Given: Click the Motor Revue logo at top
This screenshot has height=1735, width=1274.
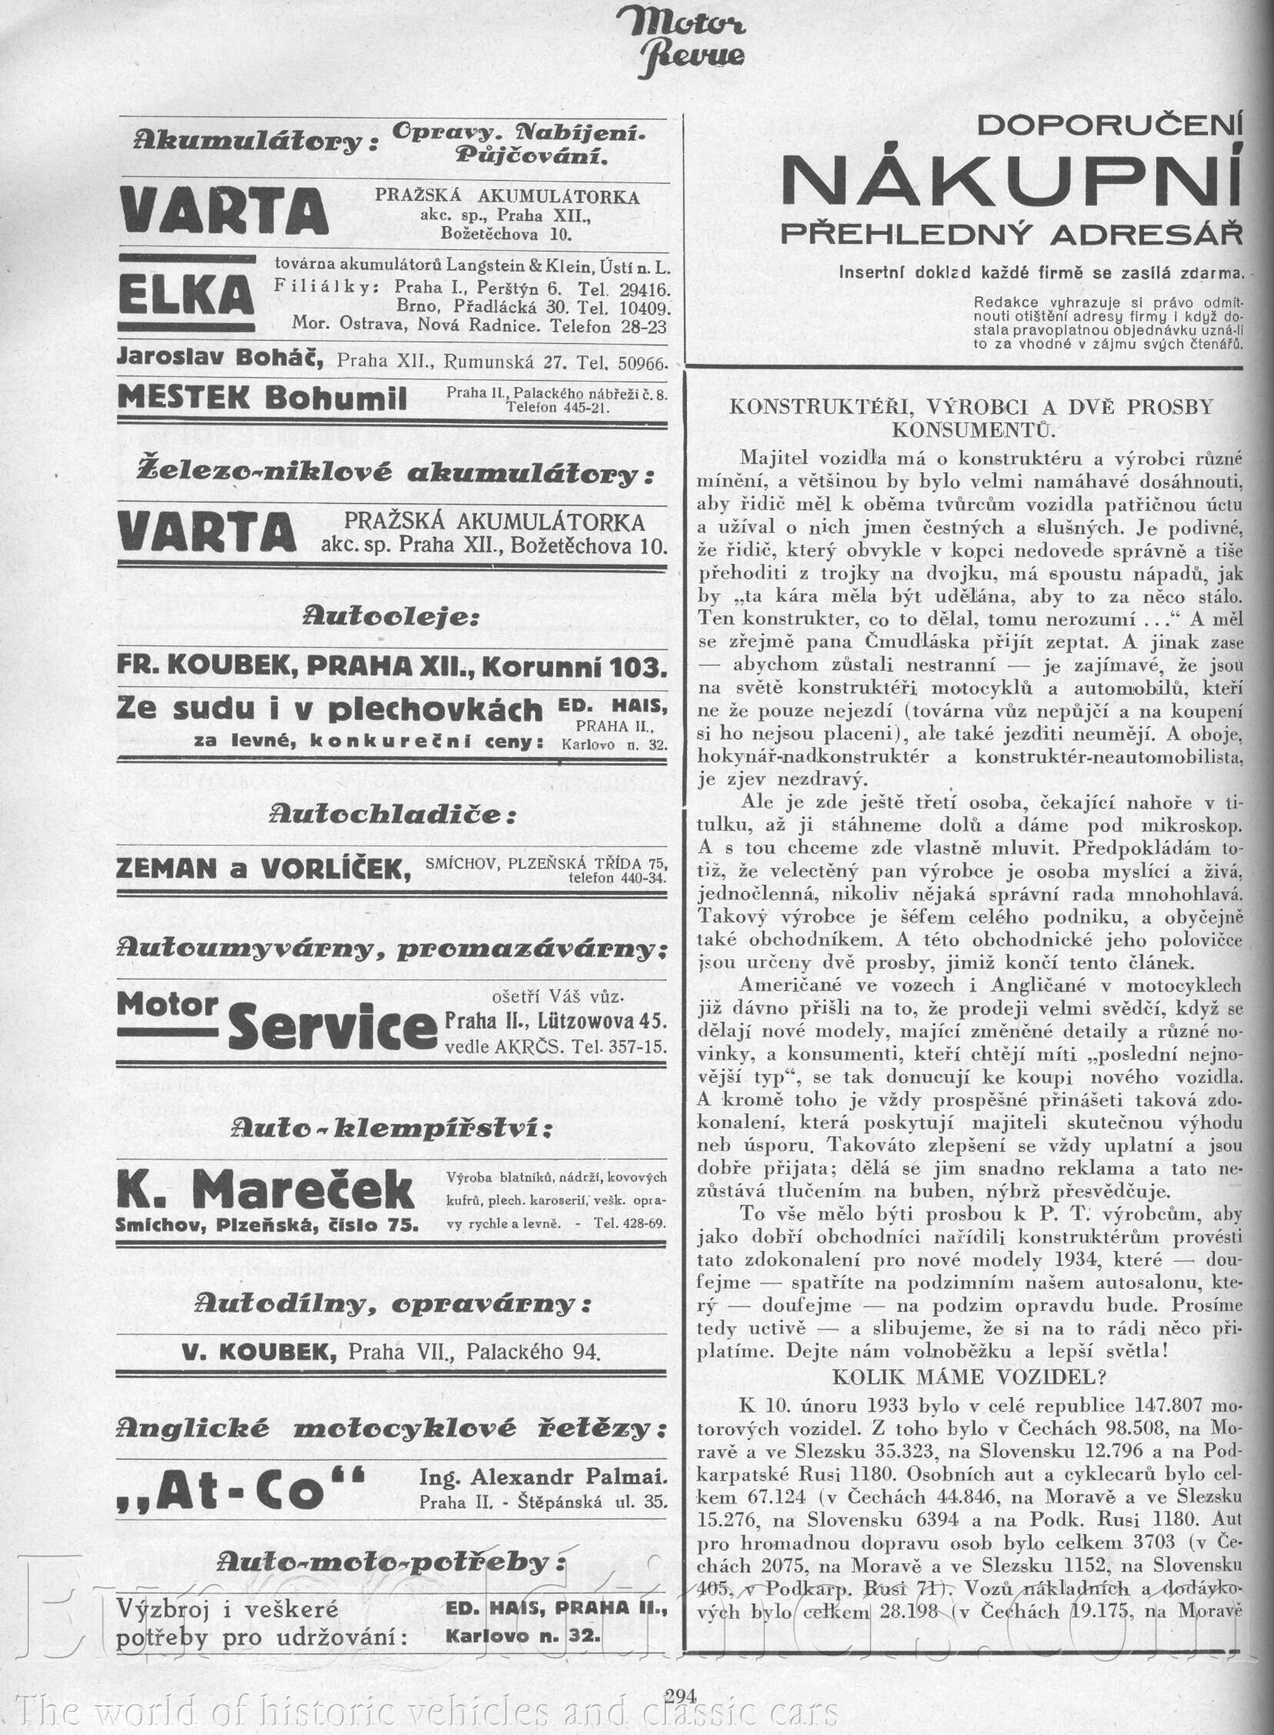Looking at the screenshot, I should tap(690, 42).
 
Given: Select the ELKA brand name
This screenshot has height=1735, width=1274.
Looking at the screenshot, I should tap(187, 295).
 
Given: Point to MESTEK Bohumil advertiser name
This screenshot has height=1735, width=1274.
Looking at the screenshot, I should tap(262, 398).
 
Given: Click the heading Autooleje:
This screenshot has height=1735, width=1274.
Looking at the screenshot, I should tap(392, 617).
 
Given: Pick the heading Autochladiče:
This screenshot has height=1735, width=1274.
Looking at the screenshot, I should tap(392, 814).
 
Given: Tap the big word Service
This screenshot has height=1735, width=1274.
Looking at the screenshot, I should tap(333, 1028).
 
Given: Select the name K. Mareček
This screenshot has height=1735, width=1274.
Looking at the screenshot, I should tap(266, 1189).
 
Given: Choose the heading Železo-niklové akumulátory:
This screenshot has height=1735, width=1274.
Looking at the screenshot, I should tap(394, 472).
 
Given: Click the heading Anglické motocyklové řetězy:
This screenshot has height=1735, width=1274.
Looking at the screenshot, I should tap(392, 1429).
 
